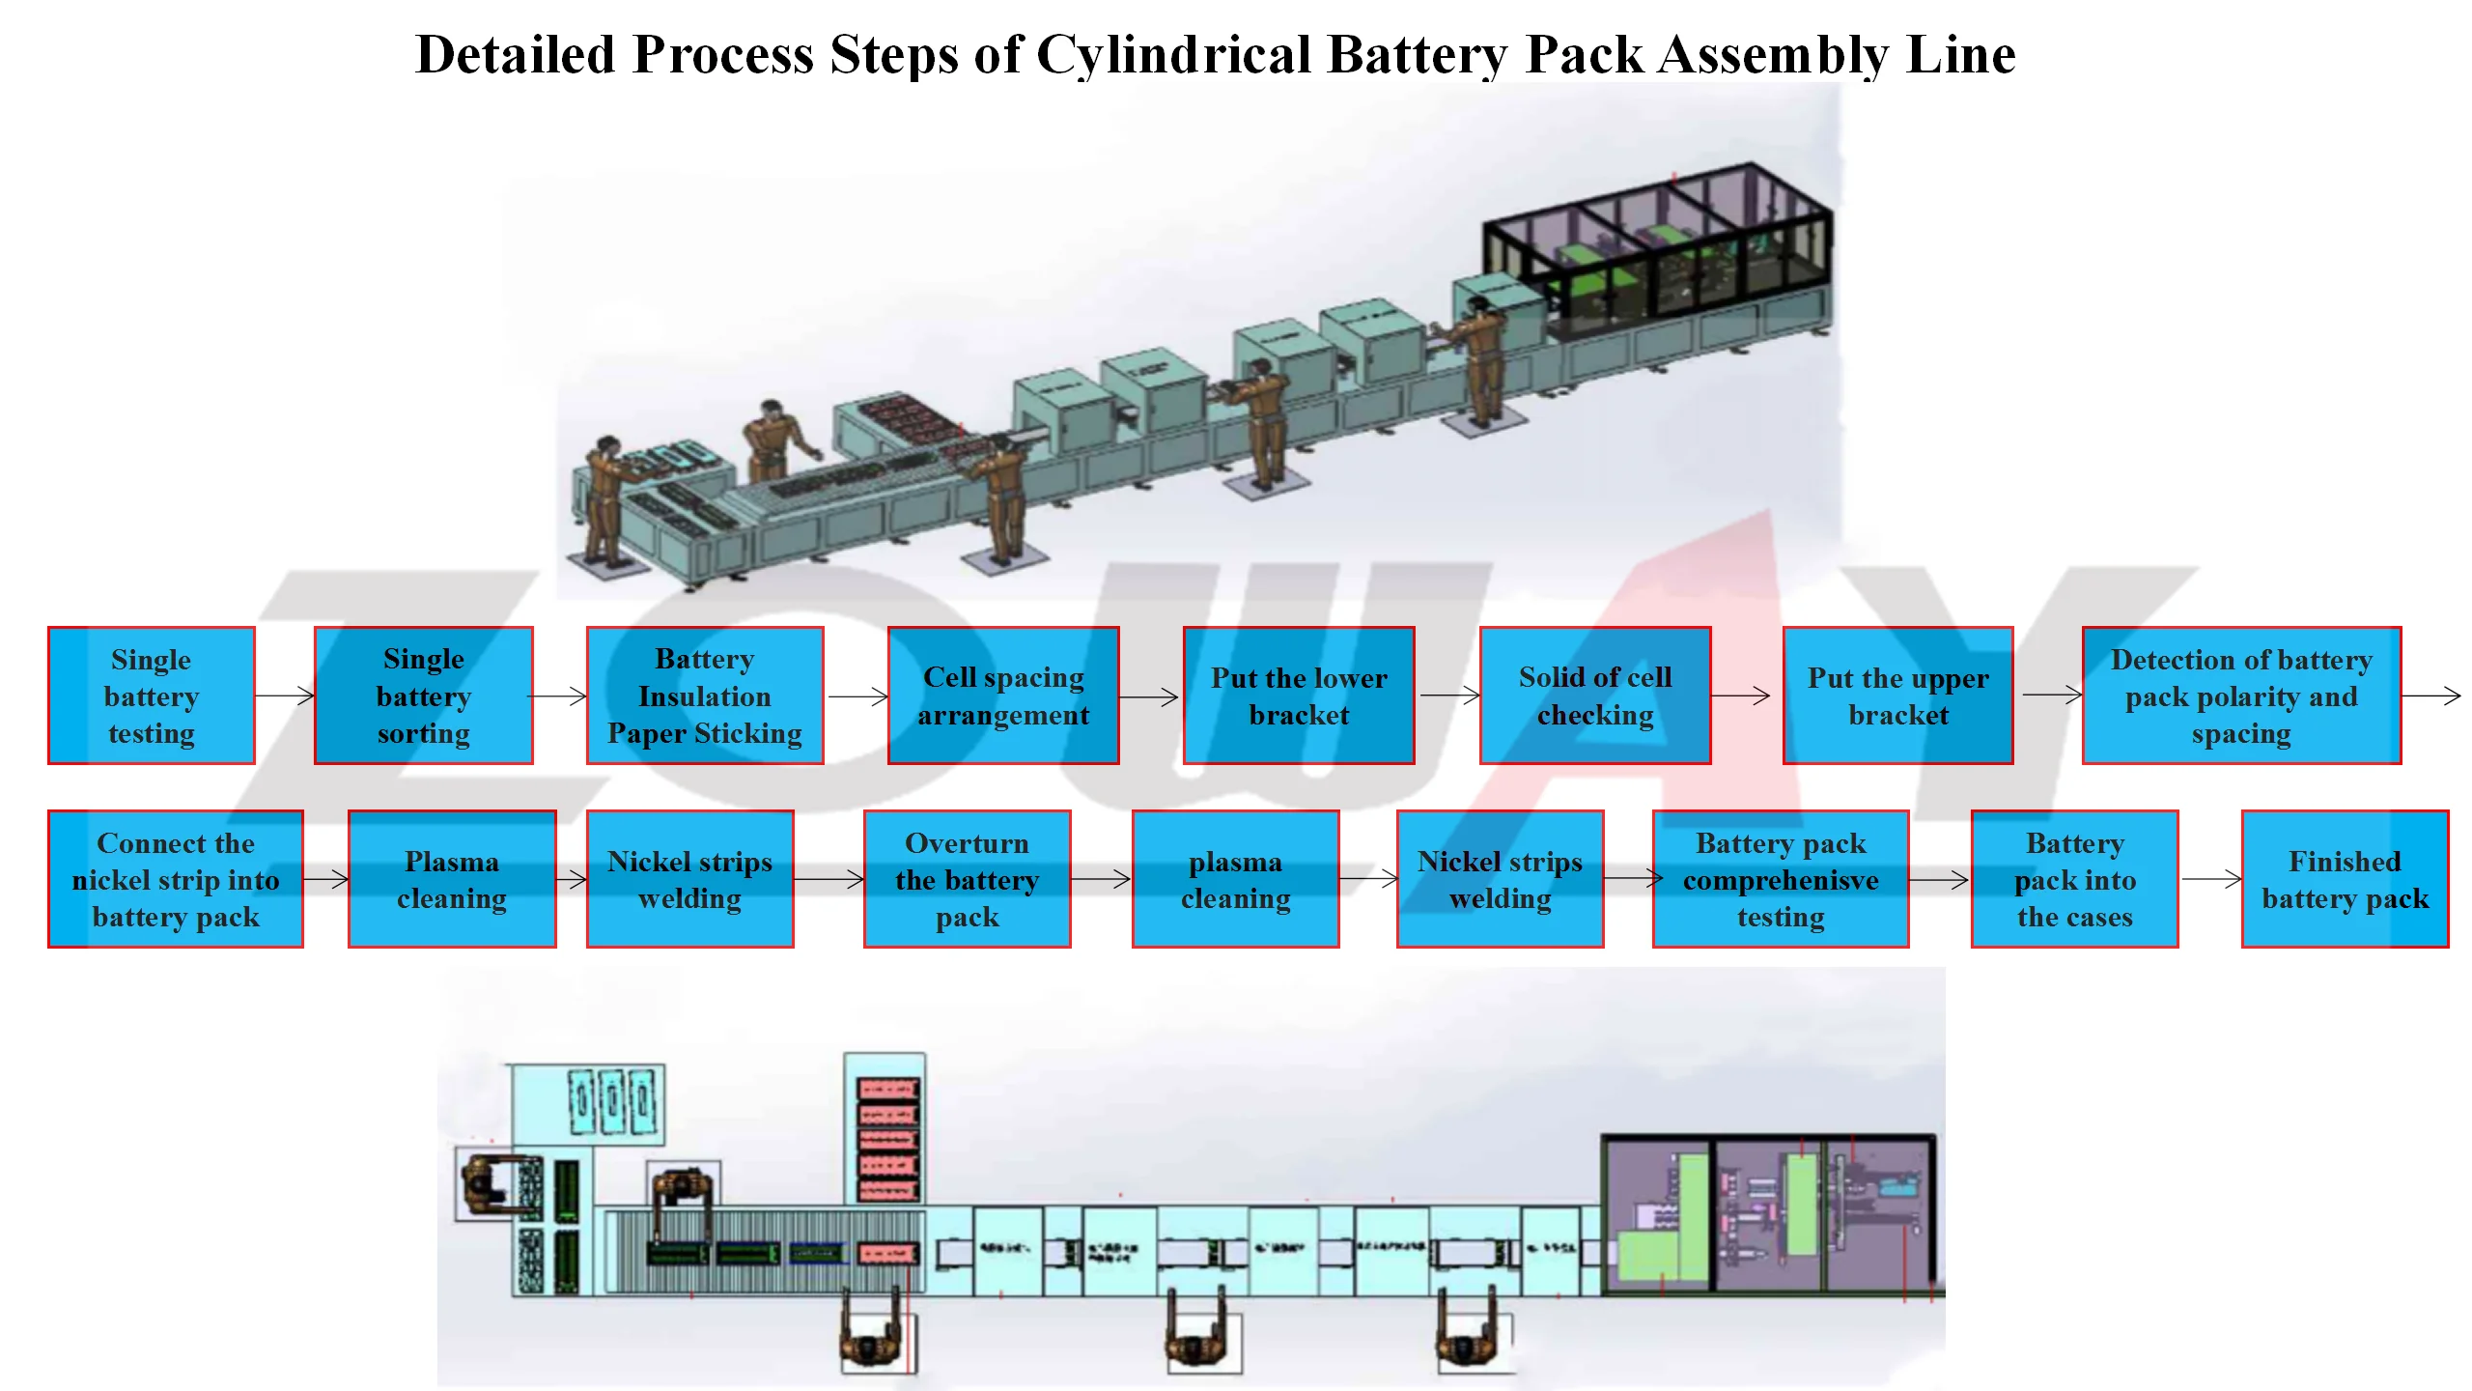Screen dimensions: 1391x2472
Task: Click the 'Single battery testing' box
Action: click(152, 695)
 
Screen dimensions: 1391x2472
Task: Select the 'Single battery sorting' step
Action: click(423, 695)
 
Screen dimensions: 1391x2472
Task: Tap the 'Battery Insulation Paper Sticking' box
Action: click(705, 695)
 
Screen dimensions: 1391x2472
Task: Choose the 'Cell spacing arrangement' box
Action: click(1003, 695)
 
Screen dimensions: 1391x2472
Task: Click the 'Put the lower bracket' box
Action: click(1299, 695)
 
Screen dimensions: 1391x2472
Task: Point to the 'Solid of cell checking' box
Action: click(1595, 695)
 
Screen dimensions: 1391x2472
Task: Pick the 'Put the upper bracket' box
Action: click(1897, 695)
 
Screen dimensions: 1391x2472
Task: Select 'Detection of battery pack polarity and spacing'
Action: click(2241, 695)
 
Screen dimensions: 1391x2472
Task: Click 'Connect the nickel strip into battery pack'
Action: click(176, 879)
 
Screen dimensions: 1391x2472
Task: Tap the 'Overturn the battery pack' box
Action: click(967, 879)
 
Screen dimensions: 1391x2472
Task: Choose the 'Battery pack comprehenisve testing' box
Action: click(1781, 879)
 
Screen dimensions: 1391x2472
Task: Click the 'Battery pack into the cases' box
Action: click(2074, 879)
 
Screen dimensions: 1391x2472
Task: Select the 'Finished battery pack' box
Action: click(2345, 879)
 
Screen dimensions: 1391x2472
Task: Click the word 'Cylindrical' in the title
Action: click(1173, 55)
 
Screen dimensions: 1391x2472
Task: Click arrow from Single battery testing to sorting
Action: click(285, 695)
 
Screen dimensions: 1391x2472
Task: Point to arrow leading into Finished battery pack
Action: click(2210, 879)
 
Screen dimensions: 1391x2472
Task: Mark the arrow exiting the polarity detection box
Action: click(2431, 695)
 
